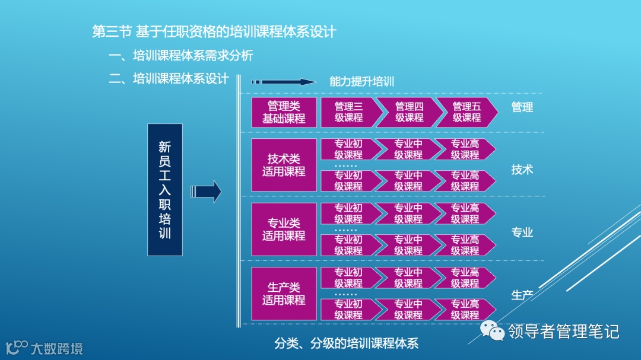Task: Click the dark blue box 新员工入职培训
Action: [164, 190]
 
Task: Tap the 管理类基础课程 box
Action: [284, 112]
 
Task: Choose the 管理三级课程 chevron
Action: [349, 112]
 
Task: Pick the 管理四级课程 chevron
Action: [408, 112]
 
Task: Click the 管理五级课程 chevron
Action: [467, 112]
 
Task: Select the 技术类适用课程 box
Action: [284, 165]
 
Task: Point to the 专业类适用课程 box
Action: [284, 230]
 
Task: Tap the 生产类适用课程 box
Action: [284, 294]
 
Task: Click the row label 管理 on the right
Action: [522, 107]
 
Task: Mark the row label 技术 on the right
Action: [522, 170]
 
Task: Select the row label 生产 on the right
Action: [522, 295]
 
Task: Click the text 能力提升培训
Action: [362, 82]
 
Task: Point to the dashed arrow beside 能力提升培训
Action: [283, 82]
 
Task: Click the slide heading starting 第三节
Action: [214, 31]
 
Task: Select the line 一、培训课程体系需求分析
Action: [181, 56]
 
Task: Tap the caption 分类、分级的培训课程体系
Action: [347, 343]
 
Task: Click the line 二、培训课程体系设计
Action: [169, 79]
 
